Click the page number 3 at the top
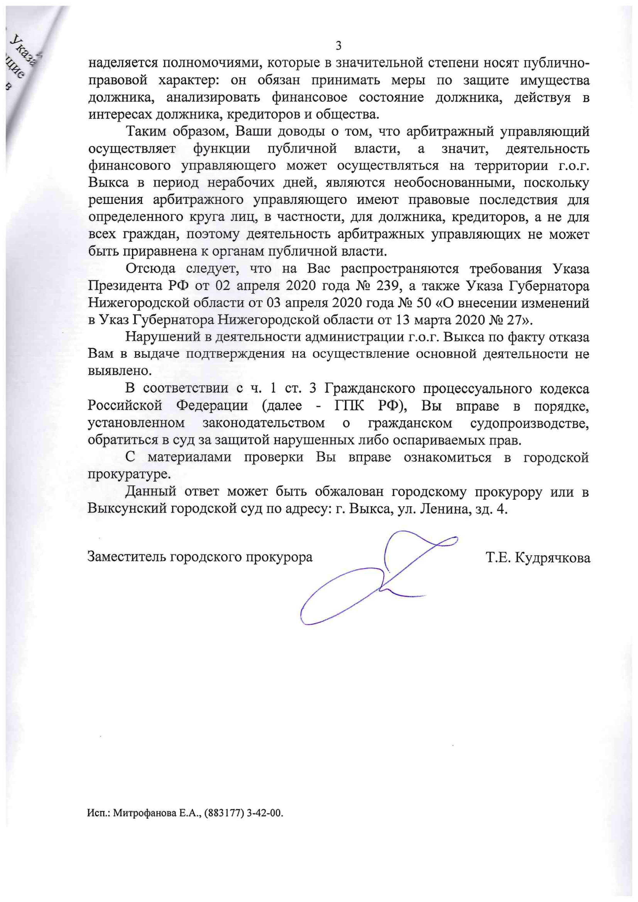coord(339,46)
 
